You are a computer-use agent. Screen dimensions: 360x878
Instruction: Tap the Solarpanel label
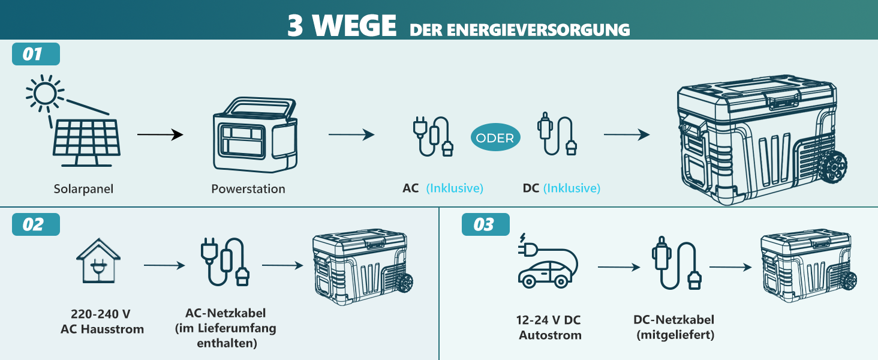coord(83,189)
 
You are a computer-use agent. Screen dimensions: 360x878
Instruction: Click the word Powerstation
coord(248,189)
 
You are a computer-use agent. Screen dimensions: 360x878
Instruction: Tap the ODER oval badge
coord(495,138)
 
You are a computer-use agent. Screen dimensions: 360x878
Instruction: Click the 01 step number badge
coord(35,54)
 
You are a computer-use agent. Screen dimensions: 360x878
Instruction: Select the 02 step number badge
coord(35,224)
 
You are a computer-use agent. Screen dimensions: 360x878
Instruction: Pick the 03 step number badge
coord(486,224)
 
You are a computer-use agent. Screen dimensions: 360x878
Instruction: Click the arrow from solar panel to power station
coord(160,135)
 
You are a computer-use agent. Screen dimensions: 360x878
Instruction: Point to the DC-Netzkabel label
coord(673,320)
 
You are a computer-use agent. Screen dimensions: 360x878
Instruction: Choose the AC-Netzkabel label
coord(225,313)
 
